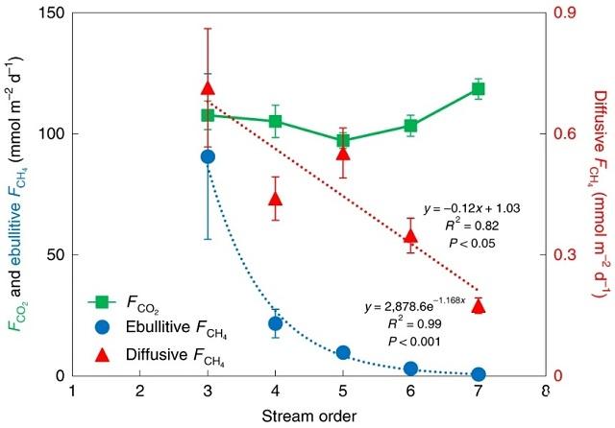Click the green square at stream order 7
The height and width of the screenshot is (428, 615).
(479, 89)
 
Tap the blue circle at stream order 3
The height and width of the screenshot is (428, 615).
(208, 156)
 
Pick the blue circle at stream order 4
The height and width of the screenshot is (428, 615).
(276, 323)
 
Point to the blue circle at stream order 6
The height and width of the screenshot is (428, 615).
(411, 369)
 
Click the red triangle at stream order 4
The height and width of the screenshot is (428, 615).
(276, 199)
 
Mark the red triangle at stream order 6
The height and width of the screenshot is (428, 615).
(411, 235)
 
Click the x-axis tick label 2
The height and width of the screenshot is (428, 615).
(140, 392)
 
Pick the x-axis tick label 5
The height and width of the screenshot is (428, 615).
(343, 392)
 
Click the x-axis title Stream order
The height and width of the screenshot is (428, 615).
(308, 416)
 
